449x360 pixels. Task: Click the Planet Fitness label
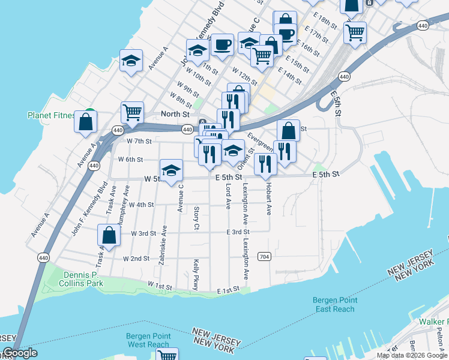coord(51,115)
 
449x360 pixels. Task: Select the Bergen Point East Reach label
coord(335,305)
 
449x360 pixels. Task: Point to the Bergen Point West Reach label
coord(148,340)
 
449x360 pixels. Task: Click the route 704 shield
coord(264,256)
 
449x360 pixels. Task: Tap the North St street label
coord(175,114)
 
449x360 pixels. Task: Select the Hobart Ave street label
coord(269,199)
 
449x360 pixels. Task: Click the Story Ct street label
coord(196,218)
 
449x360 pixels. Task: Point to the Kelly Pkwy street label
coord(196,274)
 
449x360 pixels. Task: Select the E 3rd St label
coord(238,232)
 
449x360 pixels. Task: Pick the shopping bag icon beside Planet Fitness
coord(86,121)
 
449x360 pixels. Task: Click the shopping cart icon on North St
coord(132,111)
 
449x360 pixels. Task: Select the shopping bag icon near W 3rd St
coord(110,234)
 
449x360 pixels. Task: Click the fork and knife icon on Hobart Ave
coord(265,163)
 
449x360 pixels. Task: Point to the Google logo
coord(20,353)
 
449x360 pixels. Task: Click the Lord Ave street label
coord(228,196)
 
